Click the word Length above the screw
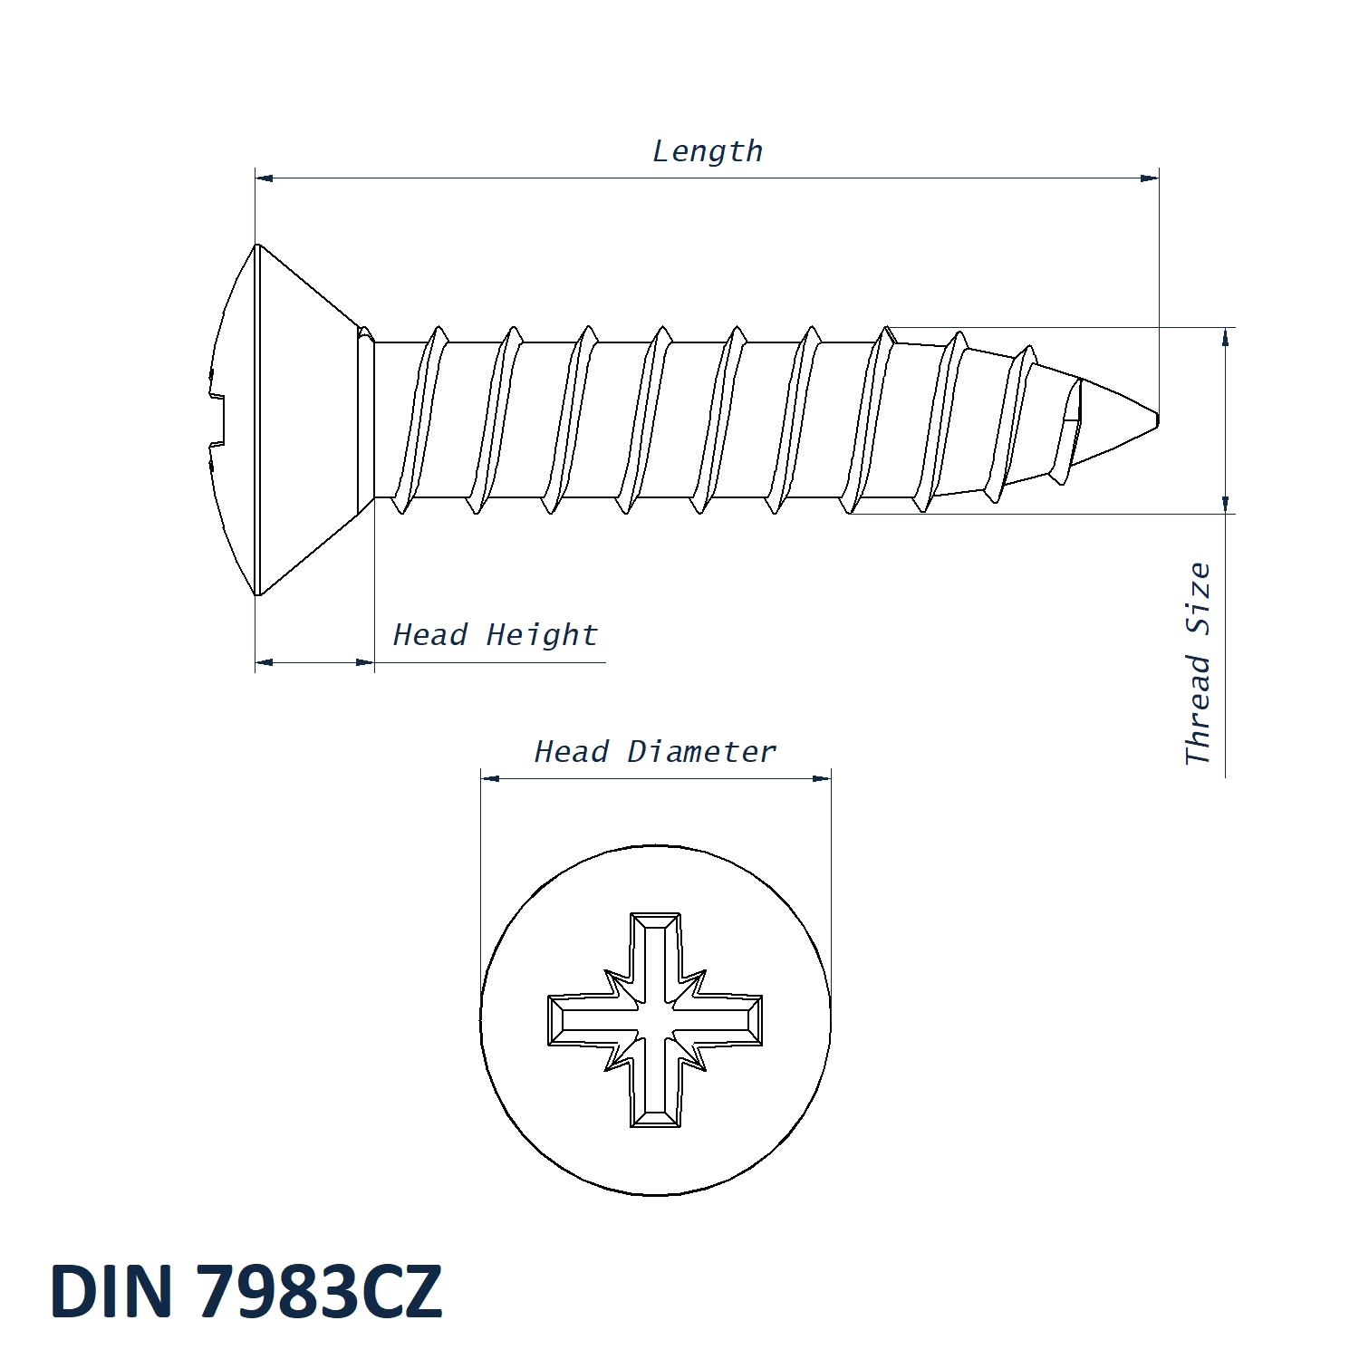click(708, 151)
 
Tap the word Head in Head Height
click(429, 634)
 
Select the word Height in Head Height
click(542, 636)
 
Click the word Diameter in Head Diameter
click(702, 751)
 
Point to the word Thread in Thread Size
click(1198, 710)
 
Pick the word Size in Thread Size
click(1198, 599)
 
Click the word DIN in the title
click(111, 1290)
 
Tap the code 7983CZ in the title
click(319, 1290)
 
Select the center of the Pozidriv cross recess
click(655, 1020)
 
